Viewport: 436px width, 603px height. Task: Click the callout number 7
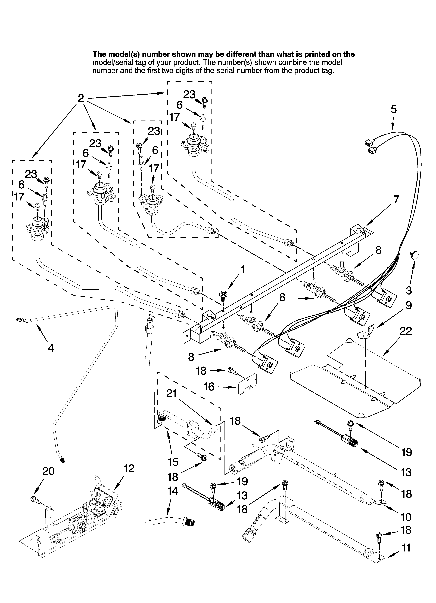pos(396,199)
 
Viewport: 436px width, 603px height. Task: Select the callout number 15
pos(173,462)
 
